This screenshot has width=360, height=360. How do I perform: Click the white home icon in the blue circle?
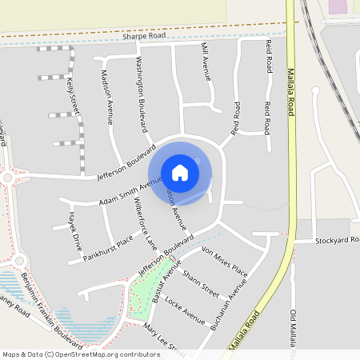click(x=180, y=172)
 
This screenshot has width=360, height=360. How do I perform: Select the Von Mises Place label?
click(x=226, y=262)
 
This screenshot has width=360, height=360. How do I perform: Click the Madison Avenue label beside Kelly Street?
click(x=107, y=94)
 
